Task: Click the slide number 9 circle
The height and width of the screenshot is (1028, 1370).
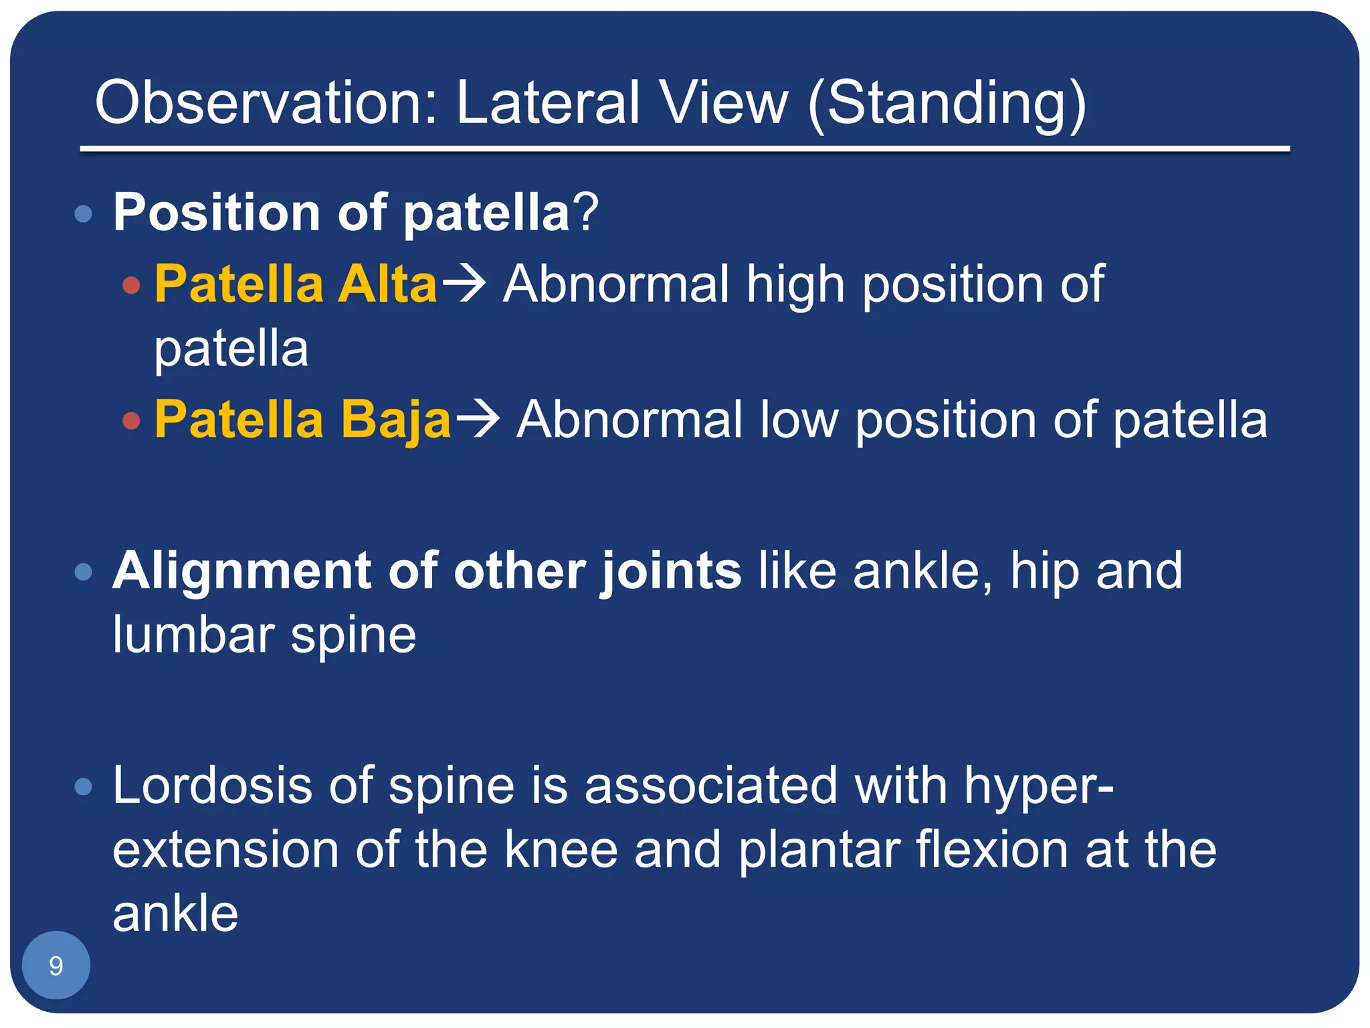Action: (56, 966)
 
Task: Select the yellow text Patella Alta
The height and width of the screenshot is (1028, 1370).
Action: (296, 284)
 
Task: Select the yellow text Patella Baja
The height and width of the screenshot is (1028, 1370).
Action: (302, 420)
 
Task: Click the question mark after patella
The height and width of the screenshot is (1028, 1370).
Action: (586, 213)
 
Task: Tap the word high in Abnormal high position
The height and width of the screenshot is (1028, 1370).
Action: (795, 284)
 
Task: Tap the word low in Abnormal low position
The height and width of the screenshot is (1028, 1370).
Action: (799, 420)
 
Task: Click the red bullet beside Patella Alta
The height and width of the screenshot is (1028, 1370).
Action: (132, 286)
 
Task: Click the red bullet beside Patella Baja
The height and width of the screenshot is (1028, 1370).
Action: (132, 421)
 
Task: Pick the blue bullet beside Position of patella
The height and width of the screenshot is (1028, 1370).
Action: (84, 214)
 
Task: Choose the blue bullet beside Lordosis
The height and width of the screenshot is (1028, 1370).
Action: (84, 786)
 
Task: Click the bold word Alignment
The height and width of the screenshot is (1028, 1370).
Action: (241, 571)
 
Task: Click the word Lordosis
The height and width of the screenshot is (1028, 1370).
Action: (211, 785)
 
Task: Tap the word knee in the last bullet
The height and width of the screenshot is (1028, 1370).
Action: (561, 850)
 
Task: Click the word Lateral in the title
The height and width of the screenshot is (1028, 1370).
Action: (548, 102)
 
